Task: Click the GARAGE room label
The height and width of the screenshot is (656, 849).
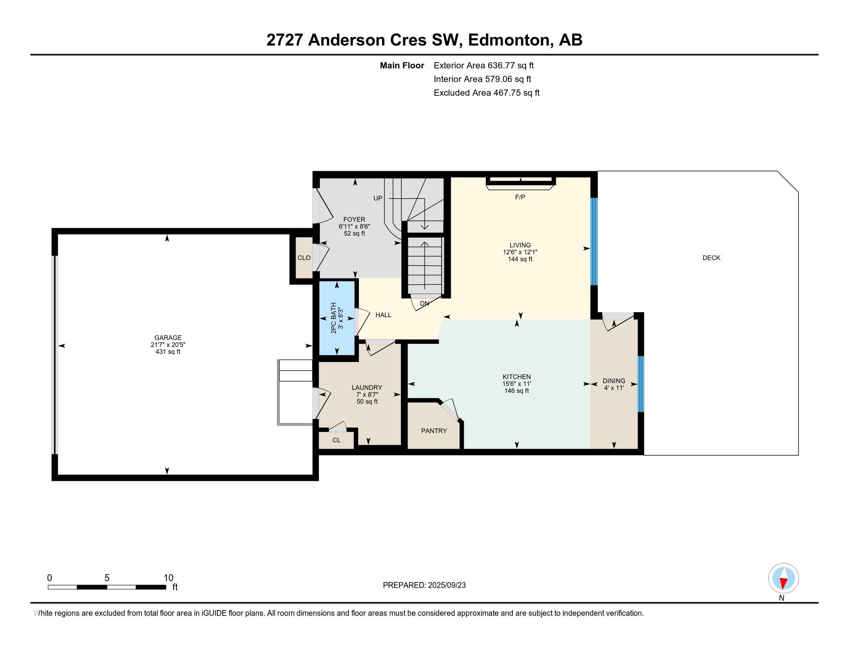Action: (168, 338)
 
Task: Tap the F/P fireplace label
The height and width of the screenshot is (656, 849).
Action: (520, 197)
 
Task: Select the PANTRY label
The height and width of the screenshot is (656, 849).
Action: (434, 431)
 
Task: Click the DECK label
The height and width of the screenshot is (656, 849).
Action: (711, 258)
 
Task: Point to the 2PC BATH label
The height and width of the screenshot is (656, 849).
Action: (333, 318)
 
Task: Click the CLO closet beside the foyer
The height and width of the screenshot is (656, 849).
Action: (304, 258)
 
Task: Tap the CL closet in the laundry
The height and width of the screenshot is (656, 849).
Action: (337, 440)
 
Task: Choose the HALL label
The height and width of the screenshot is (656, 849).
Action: (383, 315)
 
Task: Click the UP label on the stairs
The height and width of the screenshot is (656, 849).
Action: (378, 198)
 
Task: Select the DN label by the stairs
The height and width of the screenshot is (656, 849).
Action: (424, 303)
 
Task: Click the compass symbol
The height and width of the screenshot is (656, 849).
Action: (783, 578)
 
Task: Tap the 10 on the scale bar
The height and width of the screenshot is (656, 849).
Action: (168, 578)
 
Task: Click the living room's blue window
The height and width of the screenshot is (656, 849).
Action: (594, 241)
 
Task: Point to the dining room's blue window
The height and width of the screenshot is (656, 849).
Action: (641, 384)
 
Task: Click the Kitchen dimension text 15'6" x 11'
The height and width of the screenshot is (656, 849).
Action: (517, 384)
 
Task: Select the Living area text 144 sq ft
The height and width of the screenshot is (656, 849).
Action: (520, 259)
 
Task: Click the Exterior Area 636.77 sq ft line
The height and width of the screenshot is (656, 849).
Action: (484, 65)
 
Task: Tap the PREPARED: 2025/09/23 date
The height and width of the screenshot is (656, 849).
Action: (424, 585)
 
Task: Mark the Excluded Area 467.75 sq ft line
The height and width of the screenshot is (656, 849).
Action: (487, 93)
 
